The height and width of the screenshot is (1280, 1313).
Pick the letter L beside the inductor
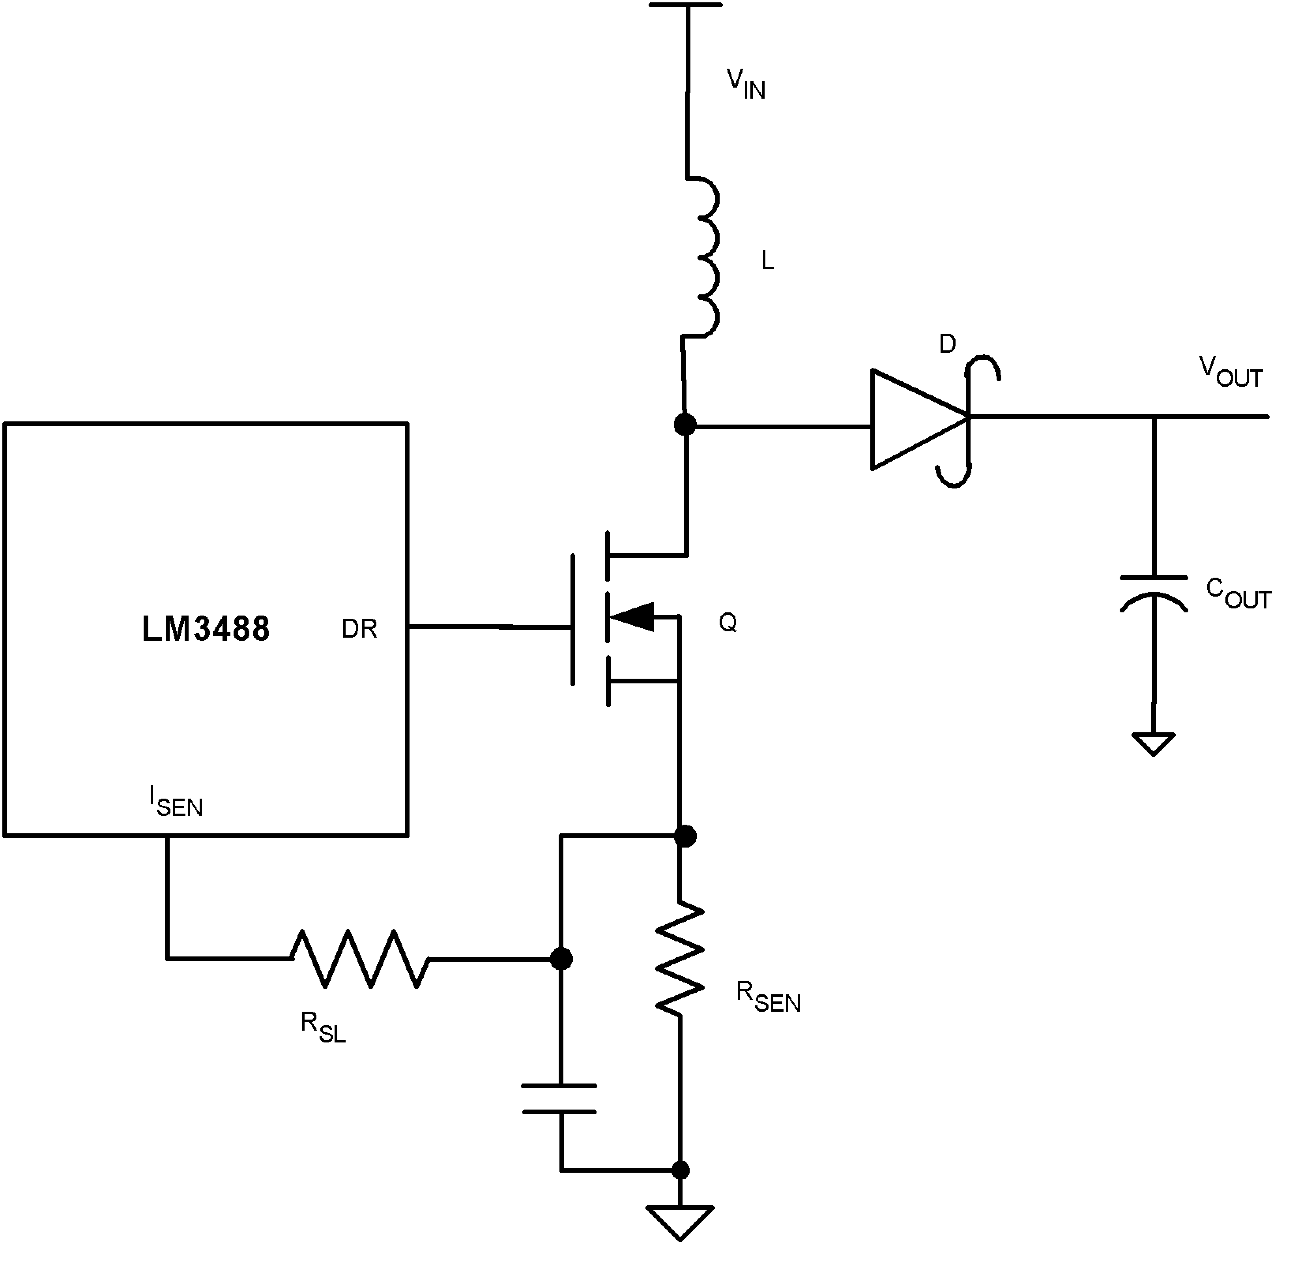(767, 261)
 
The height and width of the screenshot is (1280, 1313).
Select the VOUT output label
(1230, 372)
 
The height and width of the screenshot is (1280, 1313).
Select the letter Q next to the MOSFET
(728, 623)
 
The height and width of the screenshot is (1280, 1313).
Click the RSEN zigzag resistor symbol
(680, 958)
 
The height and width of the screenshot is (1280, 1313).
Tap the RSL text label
(323, 1027)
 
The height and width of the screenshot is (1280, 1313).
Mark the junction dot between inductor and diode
(685, 424)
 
